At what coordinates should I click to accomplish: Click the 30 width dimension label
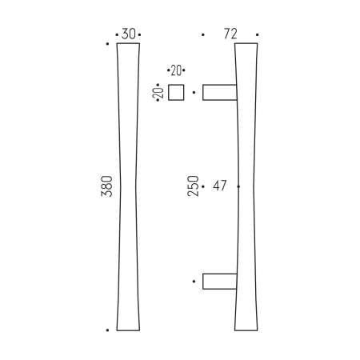click(x=128, y=34)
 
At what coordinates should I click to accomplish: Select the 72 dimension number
click(x=230, y=34)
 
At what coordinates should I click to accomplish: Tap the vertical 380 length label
click(x=108, y=186)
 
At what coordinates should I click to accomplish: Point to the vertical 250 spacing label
click(x=193, y=186)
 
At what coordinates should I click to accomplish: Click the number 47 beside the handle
click(x=221, y=186)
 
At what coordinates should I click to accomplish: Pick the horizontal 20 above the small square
click(x=176, y=71)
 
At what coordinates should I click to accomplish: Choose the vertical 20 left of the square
click(x=160, y=92)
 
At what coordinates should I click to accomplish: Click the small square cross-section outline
click(x=177, y=92)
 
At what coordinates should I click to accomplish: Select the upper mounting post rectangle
click(x=219, y=93)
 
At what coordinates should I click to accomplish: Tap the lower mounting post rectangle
click(x=219, y=281)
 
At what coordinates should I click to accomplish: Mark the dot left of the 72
click(x=203, y=35)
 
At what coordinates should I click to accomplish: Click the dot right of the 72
click(x=258, y=35)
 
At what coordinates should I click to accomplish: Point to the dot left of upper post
click(x=194, y=93)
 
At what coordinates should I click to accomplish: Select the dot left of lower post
click(x=194, y=282)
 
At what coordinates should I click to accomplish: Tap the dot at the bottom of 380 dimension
click(x=107, y=330)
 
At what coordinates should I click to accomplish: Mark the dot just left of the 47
click(x=206, y=186)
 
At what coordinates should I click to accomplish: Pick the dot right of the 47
click(x=239, y=186)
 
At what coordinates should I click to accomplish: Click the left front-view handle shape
click(x=128, y=186)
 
